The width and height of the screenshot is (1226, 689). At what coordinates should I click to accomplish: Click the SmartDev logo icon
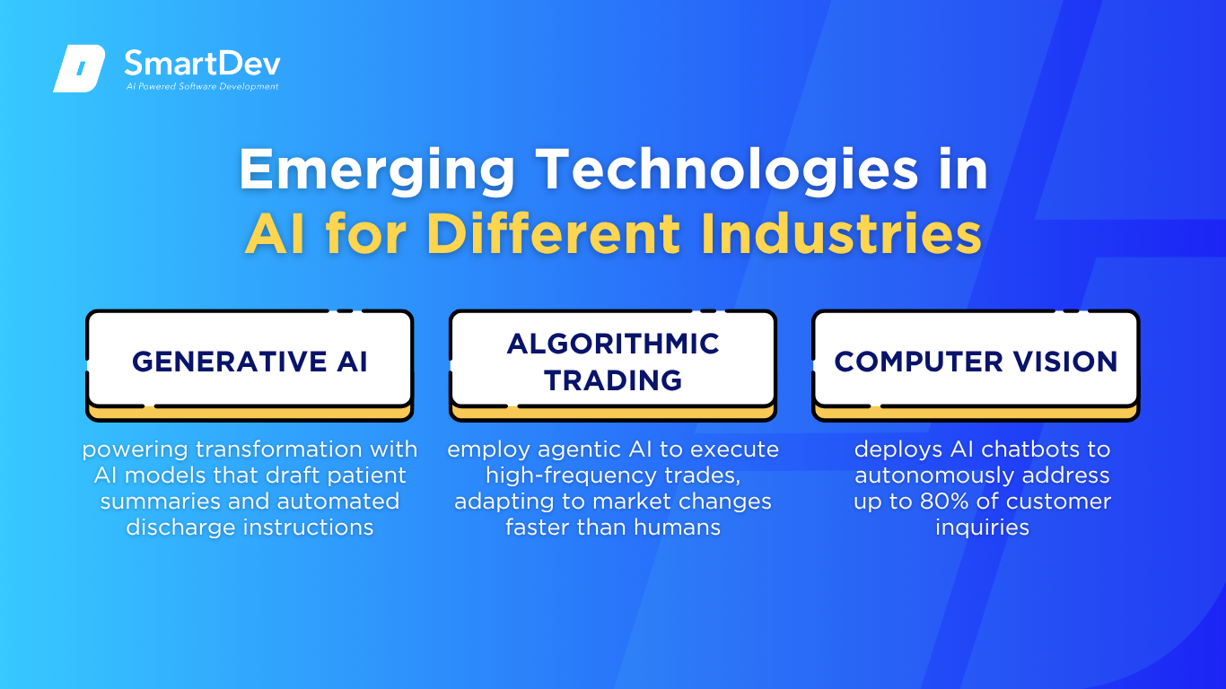[79, 68]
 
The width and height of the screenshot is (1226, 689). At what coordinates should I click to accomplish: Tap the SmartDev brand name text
[203, 64]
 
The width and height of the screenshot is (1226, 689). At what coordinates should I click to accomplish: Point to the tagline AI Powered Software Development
[202, 86]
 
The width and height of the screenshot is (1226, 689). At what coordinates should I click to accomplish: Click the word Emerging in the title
[377, 170]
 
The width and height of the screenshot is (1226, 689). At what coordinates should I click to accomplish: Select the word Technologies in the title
[727, 170]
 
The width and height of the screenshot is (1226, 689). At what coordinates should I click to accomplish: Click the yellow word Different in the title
[554, 233]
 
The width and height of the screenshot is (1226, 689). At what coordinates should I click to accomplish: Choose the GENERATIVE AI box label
[250, 362]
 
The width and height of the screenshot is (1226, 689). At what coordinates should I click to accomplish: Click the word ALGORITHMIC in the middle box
[613, 344]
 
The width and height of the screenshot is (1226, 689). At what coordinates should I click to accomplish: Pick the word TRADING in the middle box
[613, 380]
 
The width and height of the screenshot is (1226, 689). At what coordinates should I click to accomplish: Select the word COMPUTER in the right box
[918, 362]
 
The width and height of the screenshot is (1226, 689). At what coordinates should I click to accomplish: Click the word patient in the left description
[367, 475]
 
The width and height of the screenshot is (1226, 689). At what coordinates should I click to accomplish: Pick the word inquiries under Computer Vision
[983, 528]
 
